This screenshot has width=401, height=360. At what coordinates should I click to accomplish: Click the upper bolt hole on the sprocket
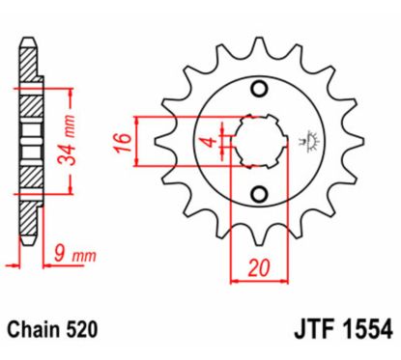258,90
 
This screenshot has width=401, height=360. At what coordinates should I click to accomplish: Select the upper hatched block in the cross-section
33,101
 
